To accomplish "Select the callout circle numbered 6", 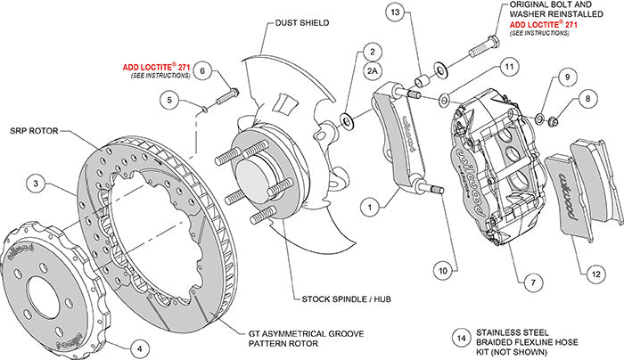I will click(x=202, y=70).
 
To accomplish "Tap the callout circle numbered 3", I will click(x=35, y=184).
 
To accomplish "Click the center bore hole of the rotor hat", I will click(x=37, y=290).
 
